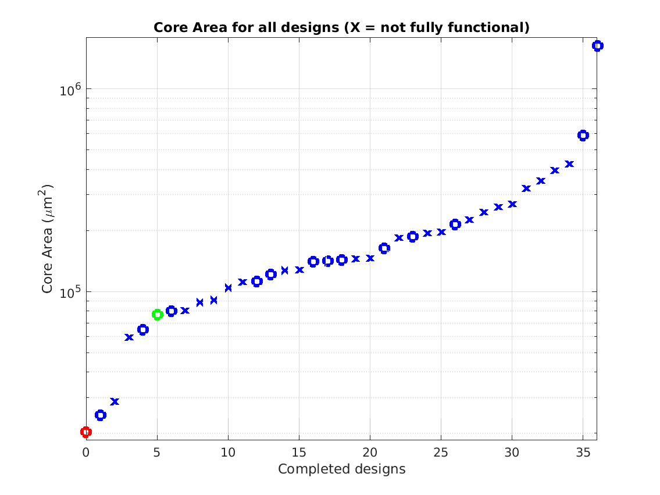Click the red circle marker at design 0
point(86,432)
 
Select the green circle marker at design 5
point(157,315)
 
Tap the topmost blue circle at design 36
point(597,46)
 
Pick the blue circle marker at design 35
point(583,136)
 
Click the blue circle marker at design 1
point(101,415)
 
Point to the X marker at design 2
point(115,401)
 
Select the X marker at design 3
point(129,337)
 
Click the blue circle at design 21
point(384,248)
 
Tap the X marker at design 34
point(569,164)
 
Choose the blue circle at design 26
point(455,225)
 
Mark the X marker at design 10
point(228,287)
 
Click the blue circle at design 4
point(143,330)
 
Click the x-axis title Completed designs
point(341,469)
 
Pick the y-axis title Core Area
point(48,238)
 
